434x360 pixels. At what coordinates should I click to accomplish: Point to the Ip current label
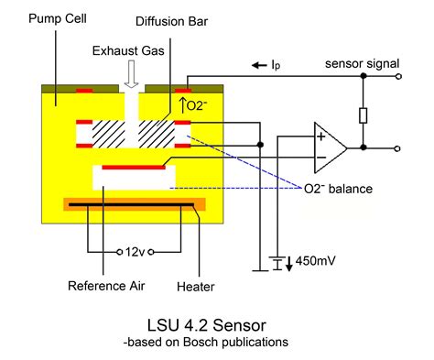(x=276, y=65)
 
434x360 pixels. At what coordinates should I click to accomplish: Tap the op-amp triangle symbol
(x=328, y=147)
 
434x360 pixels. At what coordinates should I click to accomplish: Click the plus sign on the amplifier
(x=320, y=136)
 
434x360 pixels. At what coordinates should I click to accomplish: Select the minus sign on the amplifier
(x=320, y=158)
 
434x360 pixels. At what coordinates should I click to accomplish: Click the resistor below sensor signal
(x=363, y=115)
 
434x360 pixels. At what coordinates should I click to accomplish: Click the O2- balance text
(x=341, y=189)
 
